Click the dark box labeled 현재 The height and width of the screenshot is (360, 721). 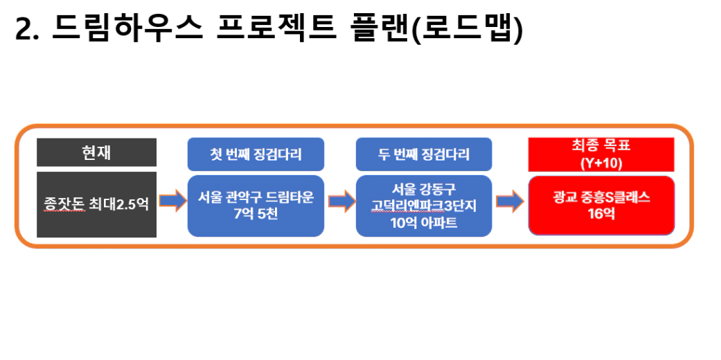coord(96,152)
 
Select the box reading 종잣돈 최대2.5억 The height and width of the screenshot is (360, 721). coord(96,205)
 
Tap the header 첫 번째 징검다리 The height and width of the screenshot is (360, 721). coord(256,154)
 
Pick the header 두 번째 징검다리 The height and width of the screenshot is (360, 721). coord(424,154)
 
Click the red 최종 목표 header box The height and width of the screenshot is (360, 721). coord(601,154)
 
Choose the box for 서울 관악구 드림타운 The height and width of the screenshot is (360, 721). coord(256,206)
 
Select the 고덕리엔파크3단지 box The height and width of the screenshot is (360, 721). coord(424,206)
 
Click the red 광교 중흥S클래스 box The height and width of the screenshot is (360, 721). coord(601,206)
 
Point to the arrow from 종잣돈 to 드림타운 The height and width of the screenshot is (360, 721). coord(173,201)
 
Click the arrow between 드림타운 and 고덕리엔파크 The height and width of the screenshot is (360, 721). coord(341,201)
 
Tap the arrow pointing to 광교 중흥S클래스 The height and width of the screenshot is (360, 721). coord(510,201)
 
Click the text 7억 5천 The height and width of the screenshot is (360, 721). coord(256,214)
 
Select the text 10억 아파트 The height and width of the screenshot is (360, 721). coord(424,223)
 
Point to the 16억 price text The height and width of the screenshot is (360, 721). coord(601,214)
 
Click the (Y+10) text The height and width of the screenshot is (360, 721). coord(601,163)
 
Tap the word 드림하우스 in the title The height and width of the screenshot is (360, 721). coord(127,28)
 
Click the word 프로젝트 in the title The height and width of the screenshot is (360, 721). coord(276,28)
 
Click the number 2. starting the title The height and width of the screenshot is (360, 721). coord(27,30)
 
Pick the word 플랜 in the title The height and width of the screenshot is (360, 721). coord(380,28)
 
